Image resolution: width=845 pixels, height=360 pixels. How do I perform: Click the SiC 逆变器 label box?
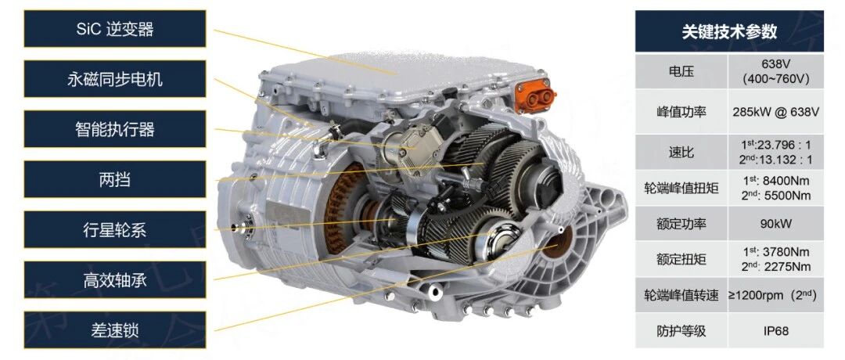coord(115,28)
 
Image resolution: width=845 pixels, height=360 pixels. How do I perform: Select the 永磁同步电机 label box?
coord(115,79)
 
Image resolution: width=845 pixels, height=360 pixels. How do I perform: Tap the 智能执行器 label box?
coord(115,129)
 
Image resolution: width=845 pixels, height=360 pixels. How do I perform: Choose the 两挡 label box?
coord(115,179)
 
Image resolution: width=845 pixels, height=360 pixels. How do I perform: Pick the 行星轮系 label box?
coord(115,229)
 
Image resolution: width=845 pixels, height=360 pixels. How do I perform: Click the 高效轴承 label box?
coord(115,279)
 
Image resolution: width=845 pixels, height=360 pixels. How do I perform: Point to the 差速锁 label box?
coord(115,329)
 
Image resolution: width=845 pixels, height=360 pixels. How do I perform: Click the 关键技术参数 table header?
coord(729,31)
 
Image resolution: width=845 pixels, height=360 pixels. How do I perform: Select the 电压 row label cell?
coord(681,71)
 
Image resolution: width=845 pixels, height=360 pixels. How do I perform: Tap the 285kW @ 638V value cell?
coord(776,112)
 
